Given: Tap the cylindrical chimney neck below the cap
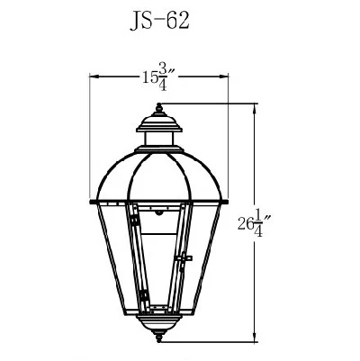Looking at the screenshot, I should (160, 140).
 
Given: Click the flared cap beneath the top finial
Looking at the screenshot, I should (160, 124).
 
